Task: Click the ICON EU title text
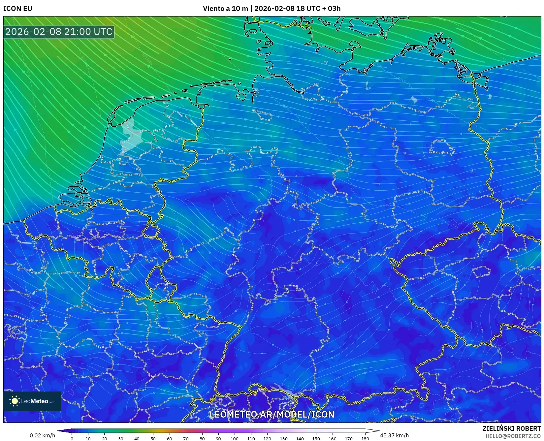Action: click(18, 9)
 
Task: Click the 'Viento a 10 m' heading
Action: click(225, 9)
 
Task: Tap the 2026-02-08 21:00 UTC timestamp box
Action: click(59, 32)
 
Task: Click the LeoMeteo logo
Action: click(32, 401)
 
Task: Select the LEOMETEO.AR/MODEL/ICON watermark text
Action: click(272, 414)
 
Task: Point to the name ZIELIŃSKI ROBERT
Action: click(512, 428)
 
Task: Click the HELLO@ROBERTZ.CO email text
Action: click(513, 436)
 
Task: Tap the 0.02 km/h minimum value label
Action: click(43, 435)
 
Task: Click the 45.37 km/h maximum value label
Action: click(394, 435)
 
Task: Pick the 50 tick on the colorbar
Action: click(153, 438)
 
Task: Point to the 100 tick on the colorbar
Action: click(235, 438)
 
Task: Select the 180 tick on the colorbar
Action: click(365, 438)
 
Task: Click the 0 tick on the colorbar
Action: click(72, 438)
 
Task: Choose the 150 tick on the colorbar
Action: click(316, 438)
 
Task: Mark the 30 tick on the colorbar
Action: click(121, 438)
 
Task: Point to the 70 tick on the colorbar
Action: click(186, 438)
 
